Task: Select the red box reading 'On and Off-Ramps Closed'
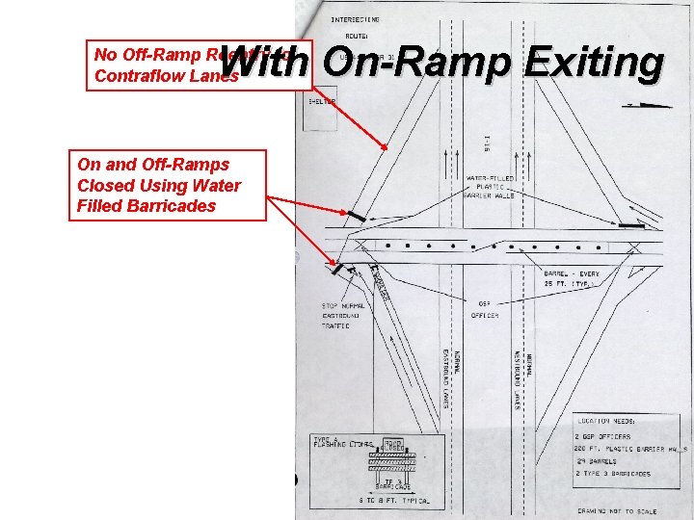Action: (x=171, y=185)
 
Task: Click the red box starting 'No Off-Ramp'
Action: (x=164, y=65)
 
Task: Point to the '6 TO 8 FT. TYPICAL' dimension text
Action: (x=394, y=502)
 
